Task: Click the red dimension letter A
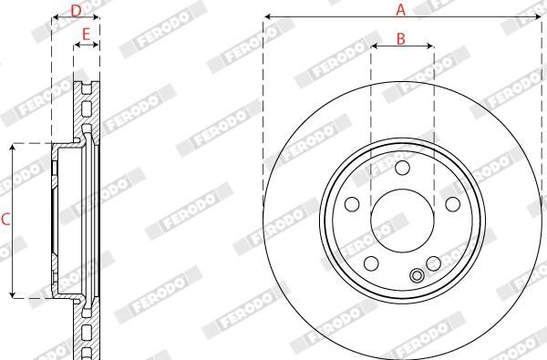pos(401,9)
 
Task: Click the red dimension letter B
pos(401,38)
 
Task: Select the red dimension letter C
pos(5,220)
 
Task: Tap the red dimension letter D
pos(76,11)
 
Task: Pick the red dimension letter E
pos(86,35)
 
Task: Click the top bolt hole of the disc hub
pos(402,168)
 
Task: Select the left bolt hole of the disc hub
pos(352,204)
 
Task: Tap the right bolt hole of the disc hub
pos(453,204)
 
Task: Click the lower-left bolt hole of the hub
pos(371,263)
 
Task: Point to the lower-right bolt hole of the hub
pos(434,263)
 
